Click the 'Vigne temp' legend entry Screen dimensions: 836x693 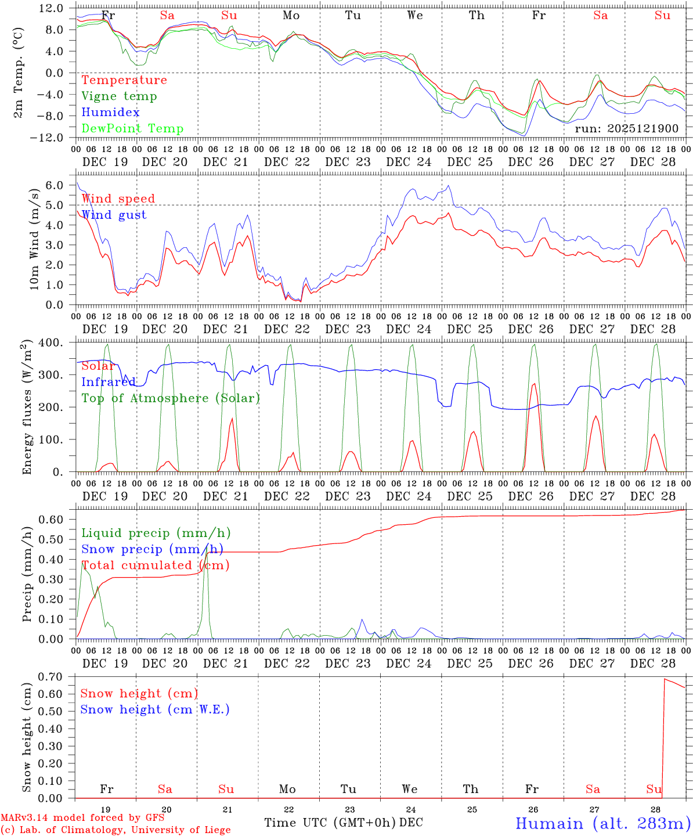(x=119, y=96)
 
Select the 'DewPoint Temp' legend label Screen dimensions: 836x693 (x=132, y=129)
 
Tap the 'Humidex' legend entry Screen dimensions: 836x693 (x=110, y=113)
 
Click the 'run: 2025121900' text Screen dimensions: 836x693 (x=626, y=129)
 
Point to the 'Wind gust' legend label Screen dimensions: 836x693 (x=114, y=215)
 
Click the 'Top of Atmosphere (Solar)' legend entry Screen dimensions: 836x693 (x=171, y=398)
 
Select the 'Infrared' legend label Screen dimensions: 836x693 (x=109, y=382)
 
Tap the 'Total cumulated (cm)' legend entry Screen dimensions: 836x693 (x=155, y=565)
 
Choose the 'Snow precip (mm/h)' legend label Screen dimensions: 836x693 (x=152, y=549)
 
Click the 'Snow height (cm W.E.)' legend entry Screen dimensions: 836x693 (x=155, y=709)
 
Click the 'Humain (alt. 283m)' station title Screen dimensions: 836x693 (x=603, y=823)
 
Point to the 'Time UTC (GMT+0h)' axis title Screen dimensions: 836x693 (x=330, y=823)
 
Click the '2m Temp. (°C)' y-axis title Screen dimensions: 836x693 (x=19, y=72)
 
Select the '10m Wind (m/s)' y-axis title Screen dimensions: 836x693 (x=34, y=239)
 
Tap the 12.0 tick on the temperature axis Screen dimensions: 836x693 (x=52, y=8)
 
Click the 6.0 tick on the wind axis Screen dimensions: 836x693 (x=53, y=185)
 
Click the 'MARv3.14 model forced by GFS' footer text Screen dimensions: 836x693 (x=82, y=817)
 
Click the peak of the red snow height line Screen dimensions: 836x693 (x=665, y=679)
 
